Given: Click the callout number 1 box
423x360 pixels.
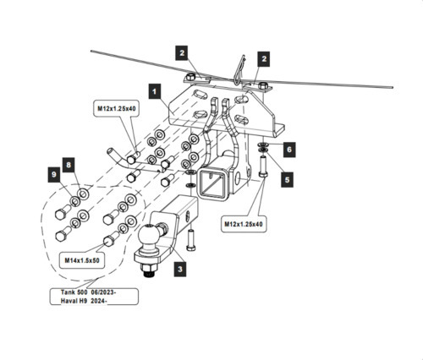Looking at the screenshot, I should [x=155, y=88].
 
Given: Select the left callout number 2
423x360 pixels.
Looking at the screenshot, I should [x=181, y=52].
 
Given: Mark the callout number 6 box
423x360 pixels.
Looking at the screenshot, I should [x=288, y=148].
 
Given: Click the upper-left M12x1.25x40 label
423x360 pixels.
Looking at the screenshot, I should [x=117, y=108].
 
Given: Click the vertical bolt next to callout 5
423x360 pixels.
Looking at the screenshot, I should [x=263, y=168].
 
